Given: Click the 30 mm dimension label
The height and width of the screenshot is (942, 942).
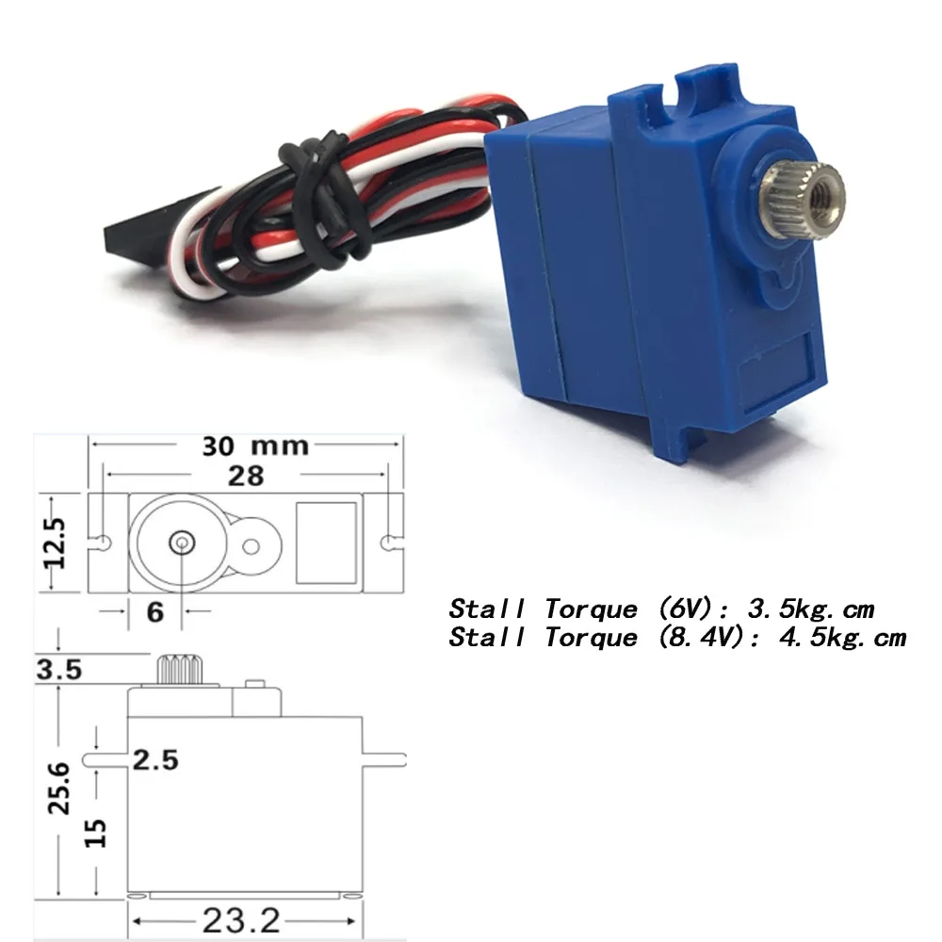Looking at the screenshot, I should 255,444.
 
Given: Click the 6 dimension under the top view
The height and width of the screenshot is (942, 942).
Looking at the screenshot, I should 155,611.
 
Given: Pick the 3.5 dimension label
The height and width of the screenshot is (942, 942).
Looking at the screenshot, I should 58,670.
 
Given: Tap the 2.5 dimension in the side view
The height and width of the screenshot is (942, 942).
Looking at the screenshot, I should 155,759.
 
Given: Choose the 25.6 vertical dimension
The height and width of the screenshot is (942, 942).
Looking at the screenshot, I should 59,788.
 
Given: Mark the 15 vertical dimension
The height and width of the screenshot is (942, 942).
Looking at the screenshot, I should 96,832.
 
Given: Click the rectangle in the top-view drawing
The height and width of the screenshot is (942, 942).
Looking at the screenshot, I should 326,543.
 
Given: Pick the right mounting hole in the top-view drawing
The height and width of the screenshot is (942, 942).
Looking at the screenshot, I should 389,543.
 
